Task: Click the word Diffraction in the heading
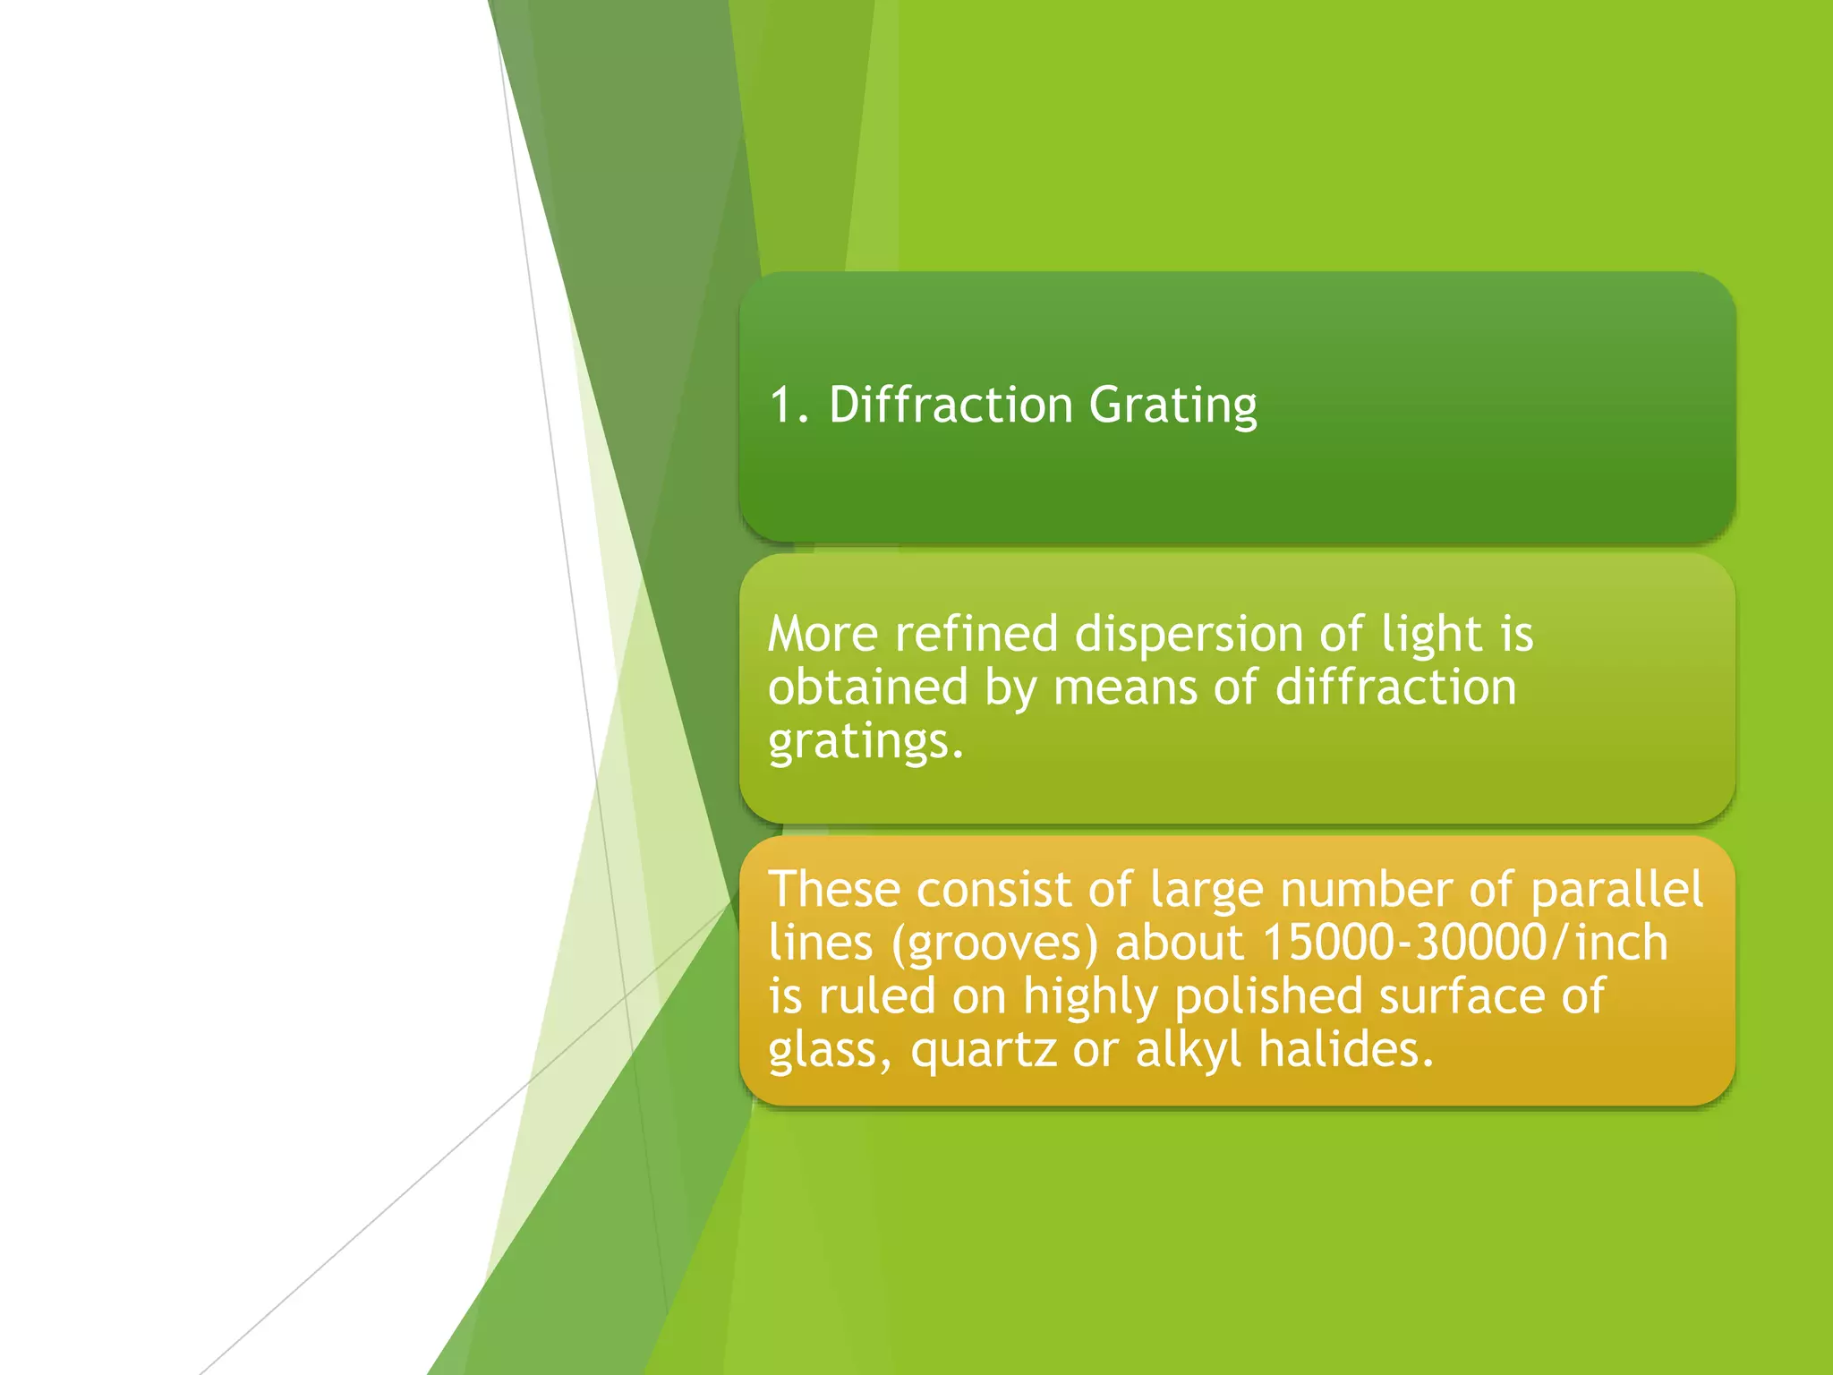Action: tap(951, 405)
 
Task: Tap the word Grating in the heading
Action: tap(1172, 405)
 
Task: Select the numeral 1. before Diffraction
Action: tap(789, 405)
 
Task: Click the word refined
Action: tap(976, 634)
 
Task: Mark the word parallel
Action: tap(1616, 889)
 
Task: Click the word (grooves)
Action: tap(994, 944)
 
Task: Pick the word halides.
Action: tap(1346, 1048)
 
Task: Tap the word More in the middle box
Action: tap(823, 634)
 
